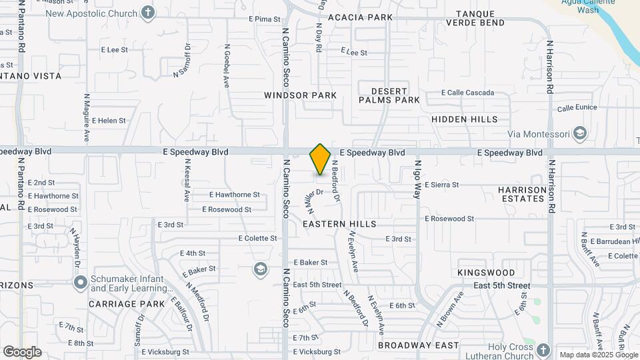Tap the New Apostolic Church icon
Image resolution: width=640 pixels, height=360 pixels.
click(148, 13)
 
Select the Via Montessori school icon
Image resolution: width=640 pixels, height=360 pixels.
click(579, 133)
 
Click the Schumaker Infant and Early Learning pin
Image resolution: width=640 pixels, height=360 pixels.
click(81, 283)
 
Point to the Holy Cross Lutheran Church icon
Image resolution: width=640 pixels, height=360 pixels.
click(543, 351)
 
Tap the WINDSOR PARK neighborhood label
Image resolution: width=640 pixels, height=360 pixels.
click(300, 95)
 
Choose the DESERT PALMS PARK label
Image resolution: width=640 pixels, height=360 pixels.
click(389, 95)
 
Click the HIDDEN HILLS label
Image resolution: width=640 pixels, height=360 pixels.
click(464, 119)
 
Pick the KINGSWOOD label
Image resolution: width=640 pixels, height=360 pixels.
click(486, 273)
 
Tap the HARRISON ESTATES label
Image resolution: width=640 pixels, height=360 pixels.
click(521, 194)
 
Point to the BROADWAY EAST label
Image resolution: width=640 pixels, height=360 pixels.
click(418, 345)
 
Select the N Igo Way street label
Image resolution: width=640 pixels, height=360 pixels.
click(418, 179)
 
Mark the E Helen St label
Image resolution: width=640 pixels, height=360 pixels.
click(109, 121)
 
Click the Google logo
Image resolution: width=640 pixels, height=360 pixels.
click(22, 352)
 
